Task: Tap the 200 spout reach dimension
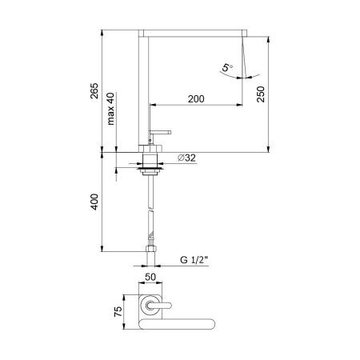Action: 196,98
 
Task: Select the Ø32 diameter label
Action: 186,158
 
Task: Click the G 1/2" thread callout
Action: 194,259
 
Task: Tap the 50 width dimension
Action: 149,276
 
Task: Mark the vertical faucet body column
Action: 145,88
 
